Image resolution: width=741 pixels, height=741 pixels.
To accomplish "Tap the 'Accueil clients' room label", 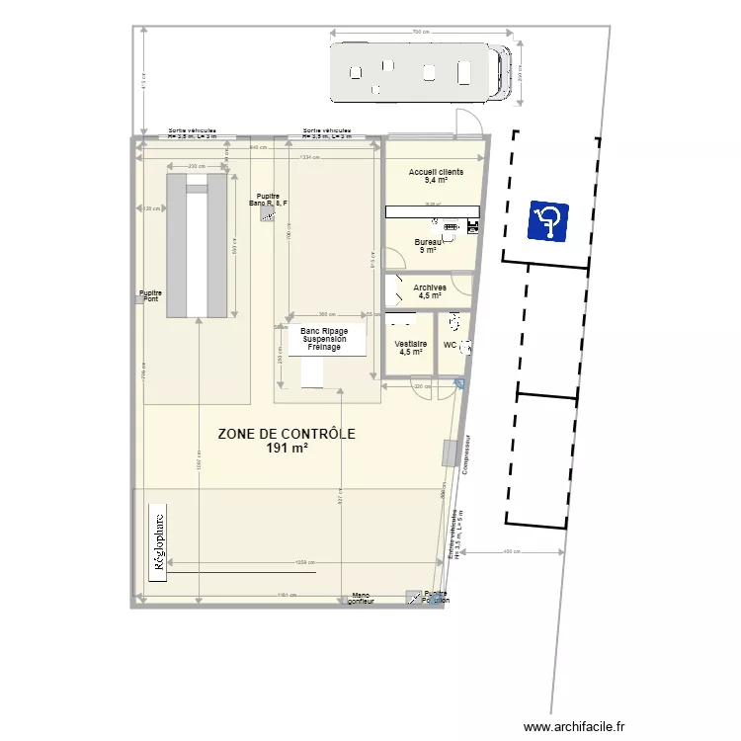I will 436,173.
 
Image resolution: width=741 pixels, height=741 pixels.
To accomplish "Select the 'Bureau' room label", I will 428,242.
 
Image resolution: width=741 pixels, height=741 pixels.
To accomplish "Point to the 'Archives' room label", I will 430,288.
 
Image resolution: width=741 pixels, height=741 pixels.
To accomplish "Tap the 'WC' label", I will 450,346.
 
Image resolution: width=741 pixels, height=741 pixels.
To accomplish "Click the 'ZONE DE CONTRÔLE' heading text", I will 287,434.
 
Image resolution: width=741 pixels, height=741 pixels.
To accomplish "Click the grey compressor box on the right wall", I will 450,453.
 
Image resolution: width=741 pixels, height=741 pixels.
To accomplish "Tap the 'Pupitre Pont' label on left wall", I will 150,295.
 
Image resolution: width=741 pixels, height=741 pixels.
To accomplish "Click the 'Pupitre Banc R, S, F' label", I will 269,200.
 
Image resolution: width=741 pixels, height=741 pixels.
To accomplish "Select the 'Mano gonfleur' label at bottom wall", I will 361,598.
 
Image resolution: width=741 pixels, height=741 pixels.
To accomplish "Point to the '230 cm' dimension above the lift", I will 197,166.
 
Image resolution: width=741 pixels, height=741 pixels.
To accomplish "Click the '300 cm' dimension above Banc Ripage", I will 327,314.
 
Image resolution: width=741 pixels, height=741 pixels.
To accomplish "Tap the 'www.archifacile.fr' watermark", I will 574,724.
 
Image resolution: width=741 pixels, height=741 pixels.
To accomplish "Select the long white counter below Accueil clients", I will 432,211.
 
